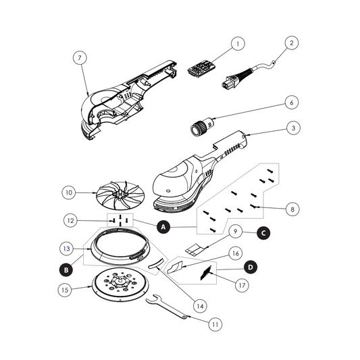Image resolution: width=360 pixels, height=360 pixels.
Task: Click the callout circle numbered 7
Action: (x=80, y=57)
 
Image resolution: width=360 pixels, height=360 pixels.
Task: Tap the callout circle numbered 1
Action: (x=238, y=43)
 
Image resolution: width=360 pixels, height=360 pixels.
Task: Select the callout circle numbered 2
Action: (x=292, y=43)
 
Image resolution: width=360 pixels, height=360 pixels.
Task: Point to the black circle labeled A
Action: (x=163, y=227)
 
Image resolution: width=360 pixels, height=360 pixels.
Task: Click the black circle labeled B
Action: (x=66, y=269)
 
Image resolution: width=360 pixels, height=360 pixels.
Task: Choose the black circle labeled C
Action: (x=263, y=233)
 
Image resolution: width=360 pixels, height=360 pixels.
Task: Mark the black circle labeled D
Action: (x=251, y=267)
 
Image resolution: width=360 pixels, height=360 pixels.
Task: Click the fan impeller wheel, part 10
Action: (x=120, y=195)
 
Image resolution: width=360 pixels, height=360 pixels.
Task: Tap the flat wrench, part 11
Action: (x=167, y=307)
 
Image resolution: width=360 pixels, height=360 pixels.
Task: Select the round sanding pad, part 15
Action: (x=120, y=285)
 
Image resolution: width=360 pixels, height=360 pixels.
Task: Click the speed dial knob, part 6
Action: (x=203, y=126)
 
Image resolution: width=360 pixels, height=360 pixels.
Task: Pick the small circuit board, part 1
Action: (x=201, y=68)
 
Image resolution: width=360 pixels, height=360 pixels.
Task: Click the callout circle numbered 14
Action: (x=200, y=306)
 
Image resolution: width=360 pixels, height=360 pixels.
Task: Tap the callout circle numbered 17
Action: (x=242, y=285)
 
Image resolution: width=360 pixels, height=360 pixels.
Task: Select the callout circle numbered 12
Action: (x=70, y=221)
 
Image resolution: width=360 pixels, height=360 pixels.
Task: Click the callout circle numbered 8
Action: (x=292, y=209)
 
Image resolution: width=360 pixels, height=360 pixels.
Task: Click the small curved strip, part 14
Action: (x=156, y=263)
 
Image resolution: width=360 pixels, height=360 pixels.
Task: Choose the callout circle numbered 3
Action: (x=293, y=128)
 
